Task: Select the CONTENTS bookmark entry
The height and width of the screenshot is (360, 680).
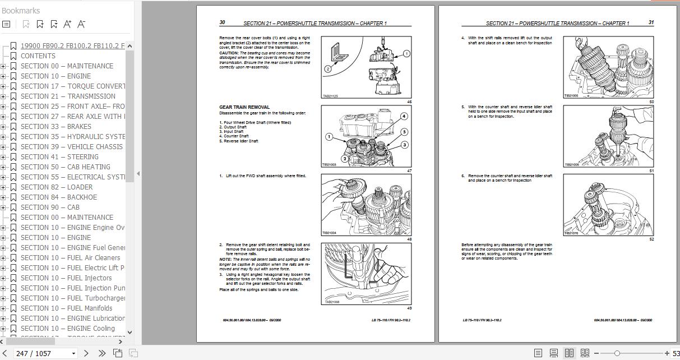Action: point(38,56)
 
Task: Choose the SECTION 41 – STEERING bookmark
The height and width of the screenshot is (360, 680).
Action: point(59,157)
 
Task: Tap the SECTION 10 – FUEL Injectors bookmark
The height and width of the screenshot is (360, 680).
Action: point(66,278)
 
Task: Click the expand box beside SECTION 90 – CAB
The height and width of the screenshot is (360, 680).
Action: point(3,207)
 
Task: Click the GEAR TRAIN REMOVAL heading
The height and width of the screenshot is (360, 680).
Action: point(244,107)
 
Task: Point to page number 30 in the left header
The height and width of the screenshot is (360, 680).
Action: point(222,23)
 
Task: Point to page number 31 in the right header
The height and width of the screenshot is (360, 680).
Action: point(651,23)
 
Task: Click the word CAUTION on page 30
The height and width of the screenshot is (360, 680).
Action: point(228,53)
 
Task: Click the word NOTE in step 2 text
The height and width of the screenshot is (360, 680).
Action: point(225,260)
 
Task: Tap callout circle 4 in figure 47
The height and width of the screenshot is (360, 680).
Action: point(404,117)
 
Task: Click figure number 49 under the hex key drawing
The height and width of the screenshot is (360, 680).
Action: point(409,308)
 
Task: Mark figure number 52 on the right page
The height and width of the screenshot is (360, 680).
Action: point(651,239)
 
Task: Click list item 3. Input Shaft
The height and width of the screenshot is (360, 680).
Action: point(231,132)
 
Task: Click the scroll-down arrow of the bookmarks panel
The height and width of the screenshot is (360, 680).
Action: point(130,332)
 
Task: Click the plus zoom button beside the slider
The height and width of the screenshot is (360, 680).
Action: point(667,353)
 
